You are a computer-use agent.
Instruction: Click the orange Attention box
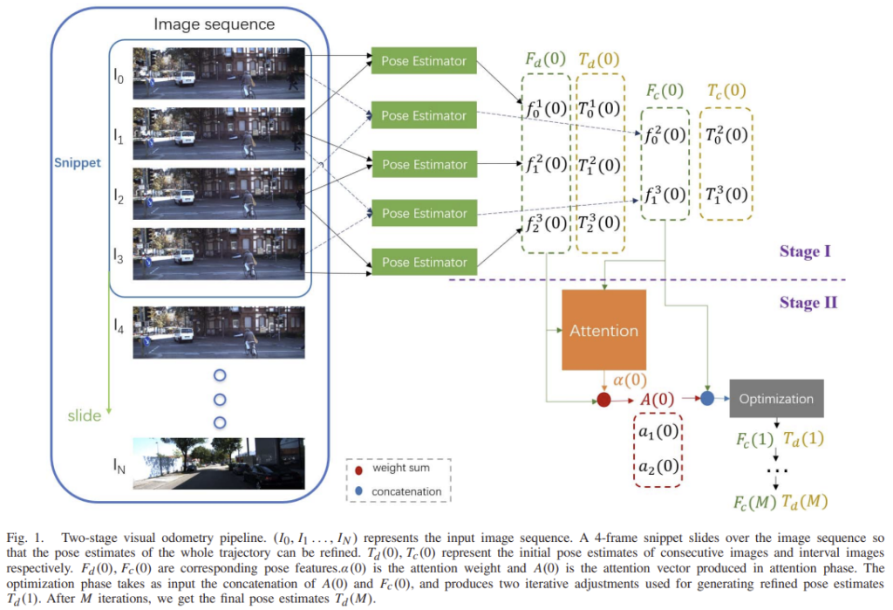tap(603, 331)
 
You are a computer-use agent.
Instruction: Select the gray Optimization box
tap(775, 399)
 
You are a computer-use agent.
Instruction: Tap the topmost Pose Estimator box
tap(424, 61)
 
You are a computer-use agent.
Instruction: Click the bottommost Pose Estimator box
tap(424, 262)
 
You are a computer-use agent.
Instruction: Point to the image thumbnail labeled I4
tap(219, 332)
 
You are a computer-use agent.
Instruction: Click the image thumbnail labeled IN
tap(219, 463)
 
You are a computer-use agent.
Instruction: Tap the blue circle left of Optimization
tap(707, 400)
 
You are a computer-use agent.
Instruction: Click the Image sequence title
tap(215, 24)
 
